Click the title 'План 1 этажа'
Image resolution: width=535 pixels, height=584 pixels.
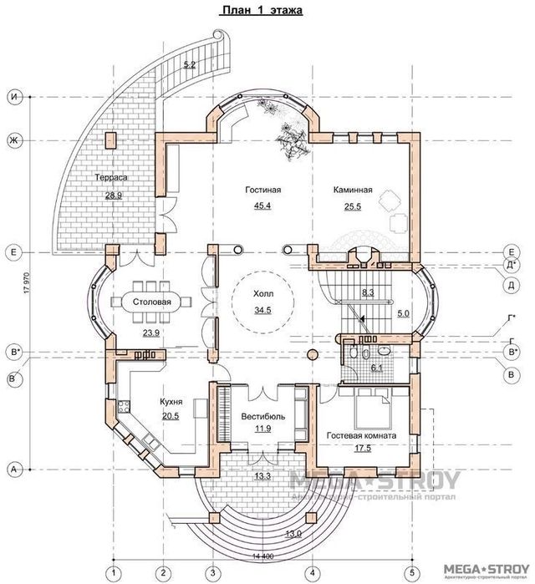[261, 11]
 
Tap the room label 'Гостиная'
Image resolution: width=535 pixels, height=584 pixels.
[262, 190]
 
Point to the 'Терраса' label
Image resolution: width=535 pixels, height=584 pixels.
[110, 179]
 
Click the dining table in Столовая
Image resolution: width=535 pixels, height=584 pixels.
[151, 302]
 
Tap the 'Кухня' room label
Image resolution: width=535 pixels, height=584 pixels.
[171, 402]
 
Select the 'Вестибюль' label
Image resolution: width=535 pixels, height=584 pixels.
[264, 415]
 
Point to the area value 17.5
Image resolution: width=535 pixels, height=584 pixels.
[360, 449]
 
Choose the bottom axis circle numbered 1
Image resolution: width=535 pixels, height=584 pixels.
[111, 571]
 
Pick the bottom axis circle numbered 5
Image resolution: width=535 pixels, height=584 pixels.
[414, 571]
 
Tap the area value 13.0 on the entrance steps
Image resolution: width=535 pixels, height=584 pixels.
[293, 533]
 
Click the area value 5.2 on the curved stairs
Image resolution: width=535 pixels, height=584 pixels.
[188, 64]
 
